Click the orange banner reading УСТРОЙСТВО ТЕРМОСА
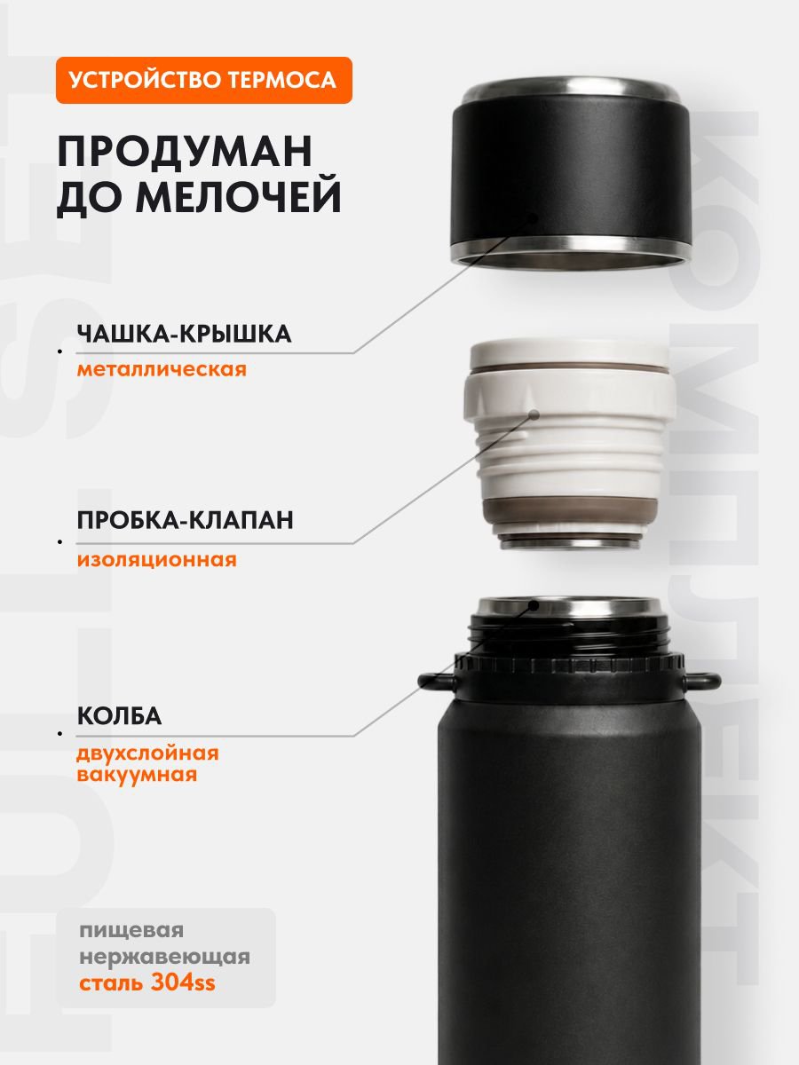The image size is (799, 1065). point(204,80)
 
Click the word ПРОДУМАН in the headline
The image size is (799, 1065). point(186,152)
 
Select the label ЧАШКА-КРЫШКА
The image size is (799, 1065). point(185,335)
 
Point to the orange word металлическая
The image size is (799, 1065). point(162,369)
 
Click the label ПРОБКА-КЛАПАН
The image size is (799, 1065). point(186,520)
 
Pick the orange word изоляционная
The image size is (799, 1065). point(157,559)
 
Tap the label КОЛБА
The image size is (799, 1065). point(119,715)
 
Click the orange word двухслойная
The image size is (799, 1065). point(148,754)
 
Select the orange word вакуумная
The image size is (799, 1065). point(138,775)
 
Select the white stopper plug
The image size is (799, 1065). point(570,444)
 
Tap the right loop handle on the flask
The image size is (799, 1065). point(702,682)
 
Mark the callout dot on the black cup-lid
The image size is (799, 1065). point(534,217)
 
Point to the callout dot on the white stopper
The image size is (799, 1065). point(534,414)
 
